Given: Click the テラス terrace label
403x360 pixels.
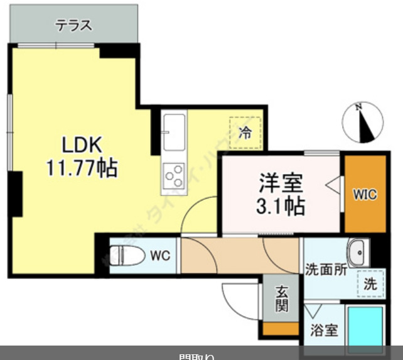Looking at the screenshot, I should point(74,26).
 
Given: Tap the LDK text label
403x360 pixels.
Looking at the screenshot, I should point(81,145).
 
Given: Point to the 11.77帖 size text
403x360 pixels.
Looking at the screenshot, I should point(81,168).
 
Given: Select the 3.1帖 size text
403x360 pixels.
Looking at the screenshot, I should point(281,205).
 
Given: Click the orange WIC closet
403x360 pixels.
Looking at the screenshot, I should point(364,194).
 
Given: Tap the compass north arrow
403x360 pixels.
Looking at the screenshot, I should point(363,122).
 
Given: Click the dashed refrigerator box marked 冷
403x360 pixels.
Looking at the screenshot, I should point(245,133).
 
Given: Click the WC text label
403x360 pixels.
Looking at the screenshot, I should point(159,256).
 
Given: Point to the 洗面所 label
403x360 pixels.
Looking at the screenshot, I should point(326,270).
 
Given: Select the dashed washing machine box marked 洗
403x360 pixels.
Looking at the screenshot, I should point(370,282).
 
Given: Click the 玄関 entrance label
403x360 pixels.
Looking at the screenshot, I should point(281,300).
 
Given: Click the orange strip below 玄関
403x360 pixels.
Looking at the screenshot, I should point(281,328).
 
